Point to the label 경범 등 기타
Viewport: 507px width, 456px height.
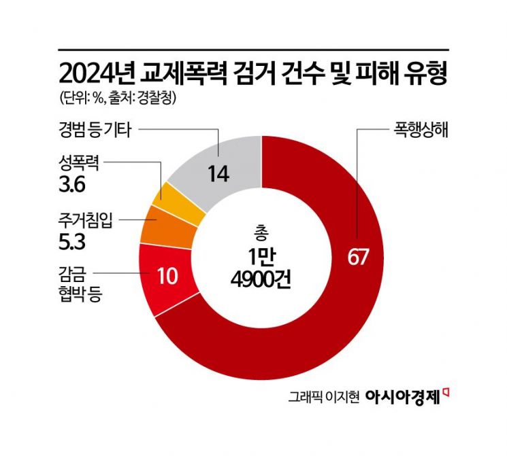click(x=98, y=126)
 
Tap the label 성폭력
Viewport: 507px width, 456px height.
click(x=79, y=163)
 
